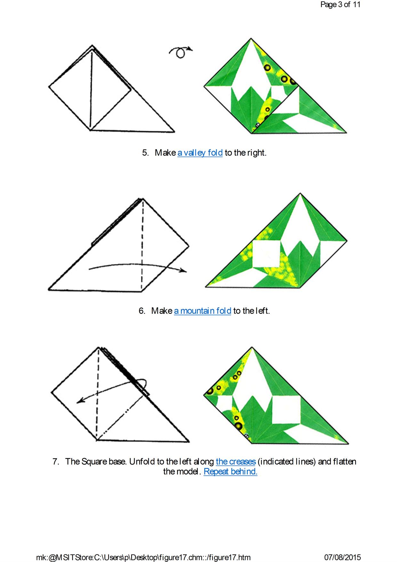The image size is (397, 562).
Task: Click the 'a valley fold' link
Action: [x=200, y=153]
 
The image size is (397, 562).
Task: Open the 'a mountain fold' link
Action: [x=202, y=310]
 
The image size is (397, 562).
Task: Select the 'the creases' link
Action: [x=236, y=461]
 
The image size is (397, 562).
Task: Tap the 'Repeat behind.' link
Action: [x=231, y=471]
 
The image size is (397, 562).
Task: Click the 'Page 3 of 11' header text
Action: [x=340, y=5]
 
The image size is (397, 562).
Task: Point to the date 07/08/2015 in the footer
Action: [x=343, y=557]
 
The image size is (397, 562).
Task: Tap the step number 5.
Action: [x=146, y=153]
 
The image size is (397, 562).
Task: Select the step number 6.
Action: [x=142, y=310]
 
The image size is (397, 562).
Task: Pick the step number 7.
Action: [x=56, y=461]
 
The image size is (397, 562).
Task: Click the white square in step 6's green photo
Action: [x=266, y=254]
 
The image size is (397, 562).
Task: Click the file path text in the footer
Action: [x=143, y=557]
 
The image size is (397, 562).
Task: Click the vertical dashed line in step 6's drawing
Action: [x=142, y=245]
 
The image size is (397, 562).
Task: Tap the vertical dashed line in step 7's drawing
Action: [x=97, y=393]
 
